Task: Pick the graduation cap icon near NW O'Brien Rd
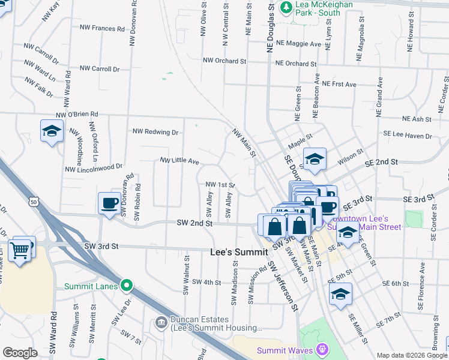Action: [52, 131]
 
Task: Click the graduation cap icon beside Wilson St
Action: [315, 159]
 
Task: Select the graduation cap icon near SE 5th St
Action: [340, 294]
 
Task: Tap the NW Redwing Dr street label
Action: [155, 131]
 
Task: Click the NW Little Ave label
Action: [179, 160]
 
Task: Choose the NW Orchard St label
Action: [224, 61]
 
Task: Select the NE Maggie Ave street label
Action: [299, 44]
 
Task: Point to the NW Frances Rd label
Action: [100, 28]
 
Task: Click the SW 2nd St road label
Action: [195, 223]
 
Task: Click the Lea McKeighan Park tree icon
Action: [287, 7]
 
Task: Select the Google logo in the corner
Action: [20, 353]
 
